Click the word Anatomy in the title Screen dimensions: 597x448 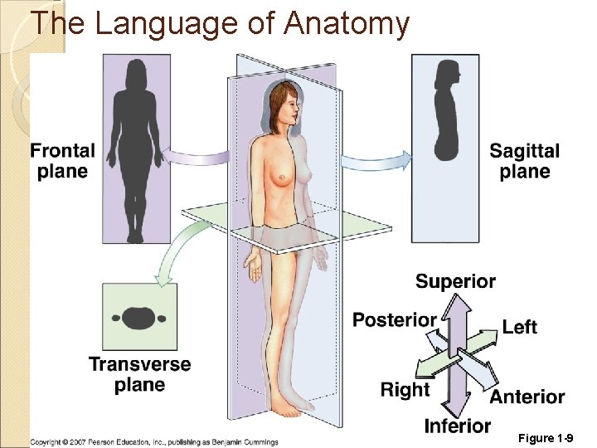(346, 23)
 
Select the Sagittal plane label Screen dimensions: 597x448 (525, 161)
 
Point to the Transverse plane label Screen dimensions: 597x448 (139, 374)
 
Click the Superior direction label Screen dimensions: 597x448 (455, 281)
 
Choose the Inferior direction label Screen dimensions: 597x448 (458, 426)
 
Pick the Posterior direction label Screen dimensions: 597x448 (395, 319)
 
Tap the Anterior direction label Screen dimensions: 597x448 (527, 397)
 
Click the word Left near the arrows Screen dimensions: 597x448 (519, 327)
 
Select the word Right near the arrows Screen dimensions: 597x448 (405, 389)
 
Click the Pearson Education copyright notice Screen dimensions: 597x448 (155, 442)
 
